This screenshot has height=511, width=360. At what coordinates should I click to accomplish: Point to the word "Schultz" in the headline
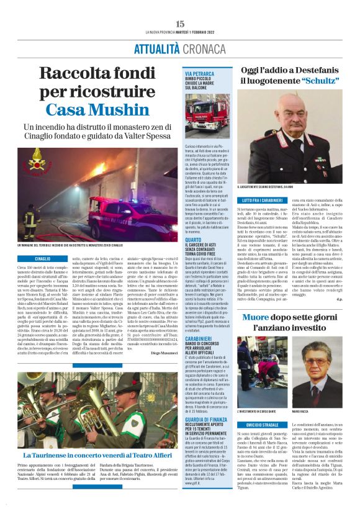click(x=317, y=81)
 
